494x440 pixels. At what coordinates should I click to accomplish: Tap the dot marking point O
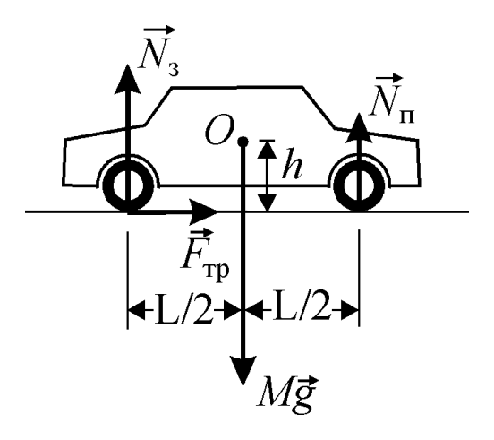[243, 142]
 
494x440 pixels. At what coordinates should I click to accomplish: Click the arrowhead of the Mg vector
[243, 371]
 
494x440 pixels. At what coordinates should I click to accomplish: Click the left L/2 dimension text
[183, 310]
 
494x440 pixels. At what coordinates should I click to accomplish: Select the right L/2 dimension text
[302, 308]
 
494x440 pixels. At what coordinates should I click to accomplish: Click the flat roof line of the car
[237, 87]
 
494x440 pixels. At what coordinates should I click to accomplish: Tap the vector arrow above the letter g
[303, 382]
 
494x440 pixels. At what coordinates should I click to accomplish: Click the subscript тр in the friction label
[217, 272]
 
